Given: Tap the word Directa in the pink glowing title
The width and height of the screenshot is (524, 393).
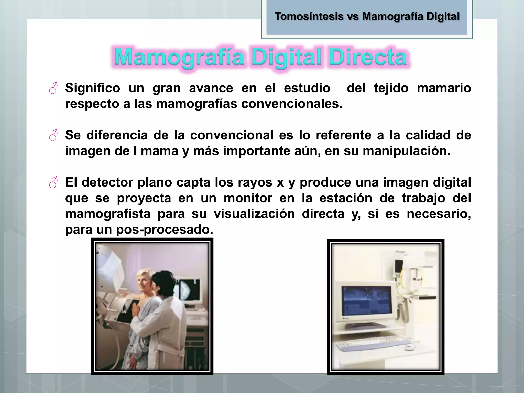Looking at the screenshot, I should tap(368, 57).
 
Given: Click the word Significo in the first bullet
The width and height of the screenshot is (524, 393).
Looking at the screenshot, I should tap(92, 88).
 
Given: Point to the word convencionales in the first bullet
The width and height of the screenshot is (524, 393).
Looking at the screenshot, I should tap(292, 104).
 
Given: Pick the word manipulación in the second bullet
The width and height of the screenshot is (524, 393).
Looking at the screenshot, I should tap(407, 151).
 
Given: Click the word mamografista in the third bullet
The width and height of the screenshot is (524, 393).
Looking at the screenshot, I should tap(108, 214).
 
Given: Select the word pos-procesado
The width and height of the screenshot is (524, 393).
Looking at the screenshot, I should tap(165, 230).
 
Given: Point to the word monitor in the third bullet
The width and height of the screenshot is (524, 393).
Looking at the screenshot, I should tap(248, 198).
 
